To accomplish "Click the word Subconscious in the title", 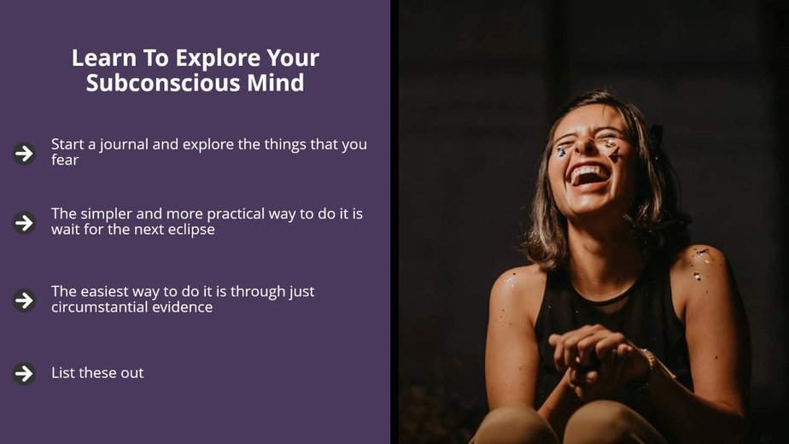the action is (x=163, y=83).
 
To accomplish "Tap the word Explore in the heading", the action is (x=218, y=58).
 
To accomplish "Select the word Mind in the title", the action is (x=275, y=83).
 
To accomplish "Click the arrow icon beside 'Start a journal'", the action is (x=24, y=153).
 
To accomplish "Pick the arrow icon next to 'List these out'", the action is (x=24, y=373).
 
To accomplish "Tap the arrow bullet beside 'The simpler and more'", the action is (x=24, y=223).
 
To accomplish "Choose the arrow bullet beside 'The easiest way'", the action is (x=24, y=301).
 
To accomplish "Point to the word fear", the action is (x=65, y=160).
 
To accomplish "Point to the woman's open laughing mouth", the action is (x=587, y=176).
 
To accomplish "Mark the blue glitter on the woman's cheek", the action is (x=561, y=151).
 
